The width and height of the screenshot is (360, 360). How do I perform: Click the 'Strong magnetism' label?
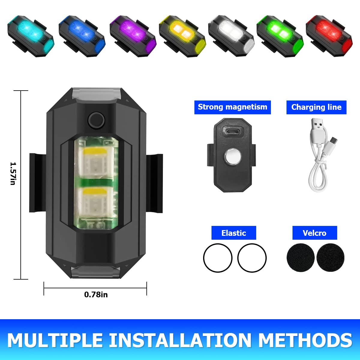(x=232, y=107)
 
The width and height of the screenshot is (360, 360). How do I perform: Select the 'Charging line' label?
(x=316, y=107)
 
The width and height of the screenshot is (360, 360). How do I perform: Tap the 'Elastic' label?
(x=234, y=233)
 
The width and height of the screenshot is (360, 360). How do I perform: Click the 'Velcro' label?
(x=314, y=233)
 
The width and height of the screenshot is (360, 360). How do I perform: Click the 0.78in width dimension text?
(x=96, y=295)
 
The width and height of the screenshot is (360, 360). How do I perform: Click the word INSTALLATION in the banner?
(x=180, y=340)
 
